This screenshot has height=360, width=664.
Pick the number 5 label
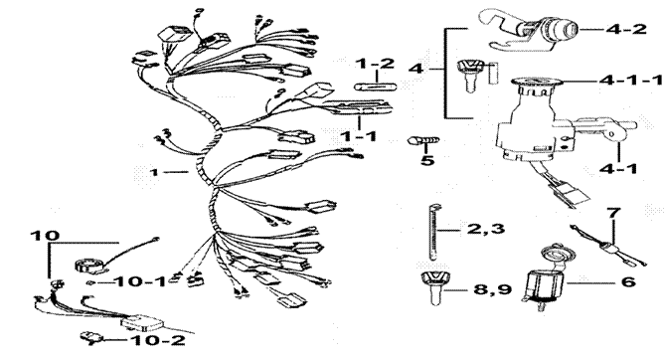click(427, 162)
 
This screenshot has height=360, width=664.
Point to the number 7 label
click(613, 214)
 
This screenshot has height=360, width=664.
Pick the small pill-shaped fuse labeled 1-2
click(377, 86)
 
